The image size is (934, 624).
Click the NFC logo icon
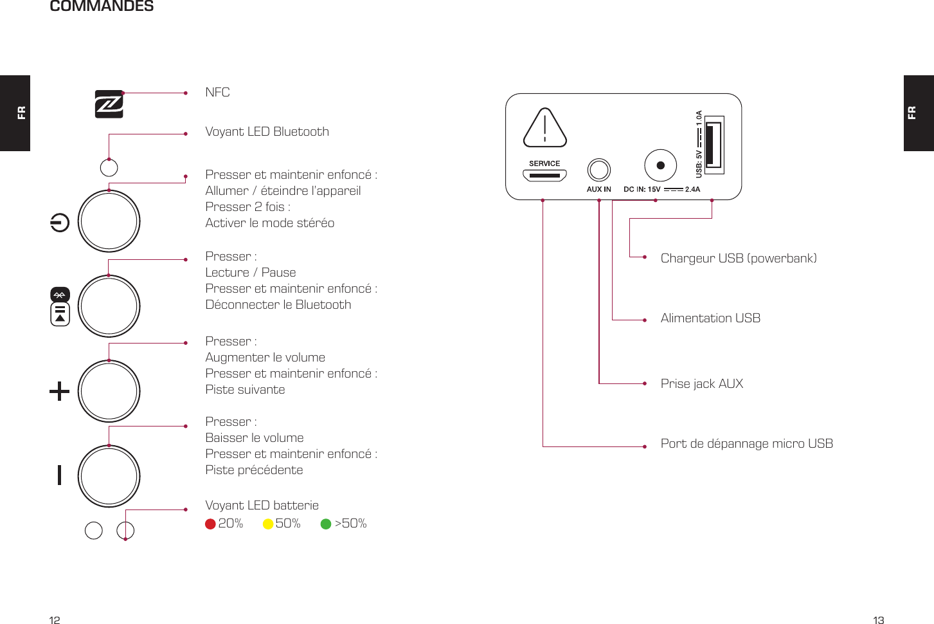click(x=109, y=104)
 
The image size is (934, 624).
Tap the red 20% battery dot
click(x=210, y=524)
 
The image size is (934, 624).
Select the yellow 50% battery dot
click(x=268, y=524)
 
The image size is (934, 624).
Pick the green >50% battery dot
click(x=326, y=524)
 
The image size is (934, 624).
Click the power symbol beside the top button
click(x=60, y=223)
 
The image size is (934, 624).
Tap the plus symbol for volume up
click(x=59, y=391)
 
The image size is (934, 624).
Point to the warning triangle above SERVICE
click(x=544, y=128)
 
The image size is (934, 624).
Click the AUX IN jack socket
click(x=598, y=170)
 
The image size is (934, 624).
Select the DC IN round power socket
click(x=660, y=165)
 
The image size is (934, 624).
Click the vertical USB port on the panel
click(x=714, y=145)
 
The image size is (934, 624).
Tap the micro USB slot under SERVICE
click(x=544, y=175)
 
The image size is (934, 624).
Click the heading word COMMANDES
click(x=102, y=6)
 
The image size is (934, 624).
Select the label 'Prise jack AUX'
click(x=701, y=384)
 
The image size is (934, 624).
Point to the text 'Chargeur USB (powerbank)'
click(x=738, y=259)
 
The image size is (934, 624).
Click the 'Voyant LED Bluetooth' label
click(x=267, y=132)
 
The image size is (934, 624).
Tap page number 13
click(x=878, y=620)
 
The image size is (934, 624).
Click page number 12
click(x=55, y=620)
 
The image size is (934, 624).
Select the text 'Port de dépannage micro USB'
click(x=746, y=444)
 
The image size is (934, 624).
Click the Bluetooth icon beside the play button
click(x=60, y=295)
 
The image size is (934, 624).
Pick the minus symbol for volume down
click(x=59, y=475)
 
